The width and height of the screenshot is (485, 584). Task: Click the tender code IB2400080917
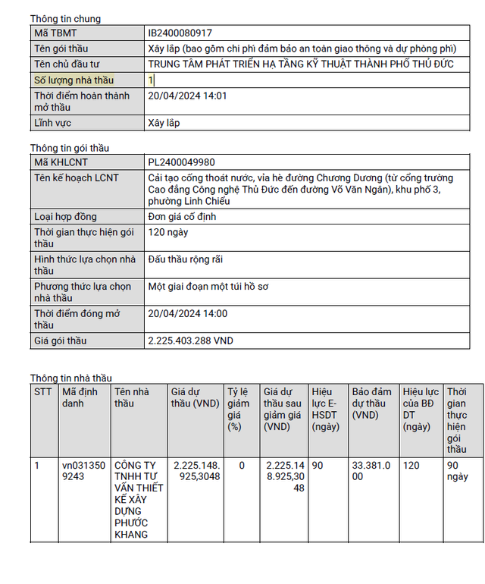[180, 33]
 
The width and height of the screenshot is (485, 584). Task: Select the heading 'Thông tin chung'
[65, 19]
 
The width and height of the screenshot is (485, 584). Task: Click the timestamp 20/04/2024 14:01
[187, 96]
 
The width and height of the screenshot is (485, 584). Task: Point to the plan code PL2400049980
[181, 162]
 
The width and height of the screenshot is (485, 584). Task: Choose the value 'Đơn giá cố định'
[183, 217]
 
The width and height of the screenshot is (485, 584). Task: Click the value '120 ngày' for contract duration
[168, 232]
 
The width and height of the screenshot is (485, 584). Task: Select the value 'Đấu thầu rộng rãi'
[185, 259]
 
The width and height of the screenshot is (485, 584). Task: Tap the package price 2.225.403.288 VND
[190, 341]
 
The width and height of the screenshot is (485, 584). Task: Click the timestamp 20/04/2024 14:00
[187, 314]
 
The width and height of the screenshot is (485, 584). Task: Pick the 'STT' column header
[43, 392]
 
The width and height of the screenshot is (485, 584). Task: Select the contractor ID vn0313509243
[80, 471]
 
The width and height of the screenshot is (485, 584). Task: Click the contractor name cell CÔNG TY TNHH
[138, 500]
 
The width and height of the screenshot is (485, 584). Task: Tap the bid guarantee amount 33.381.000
[371, 471]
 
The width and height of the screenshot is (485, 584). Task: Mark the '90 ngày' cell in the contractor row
[457, 471]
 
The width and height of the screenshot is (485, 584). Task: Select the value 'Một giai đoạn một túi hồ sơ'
[208, 287]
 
